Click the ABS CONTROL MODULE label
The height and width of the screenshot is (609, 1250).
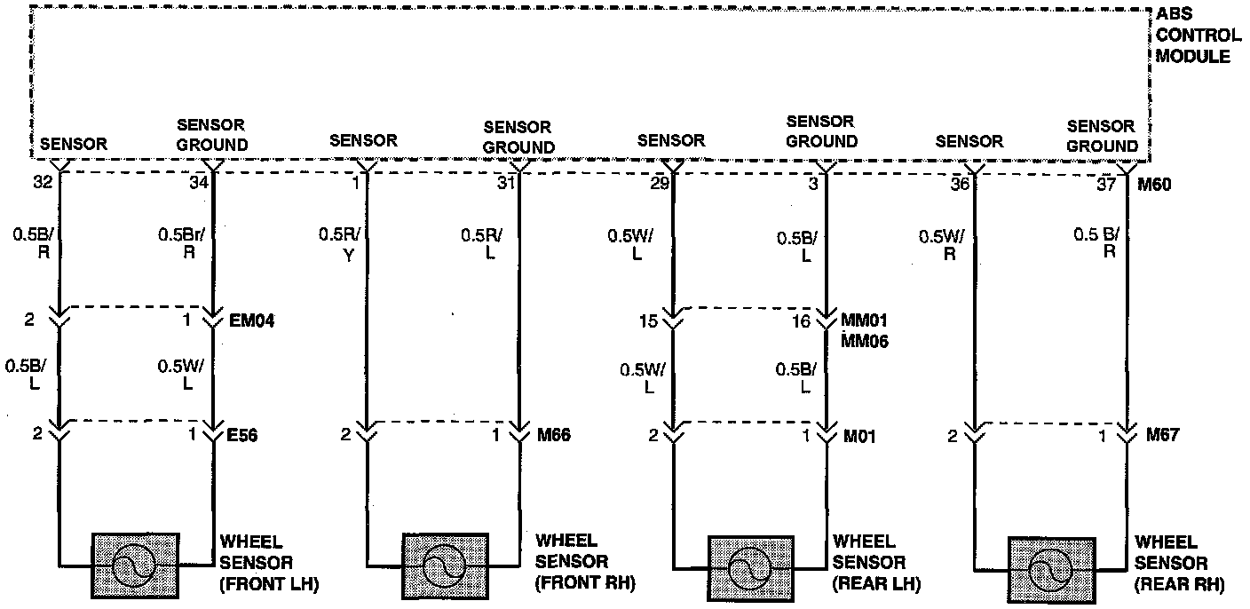point(1199,36)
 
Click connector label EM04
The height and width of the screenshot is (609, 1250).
point(251,320)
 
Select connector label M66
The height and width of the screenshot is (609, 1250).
point(553,435)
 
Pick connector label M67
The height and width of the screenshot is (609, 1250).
point(1163,435)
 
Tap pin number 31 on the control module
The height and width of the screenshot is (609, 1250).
point(504,184)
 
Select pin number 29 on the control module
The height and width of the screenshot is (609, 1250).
point(658,184)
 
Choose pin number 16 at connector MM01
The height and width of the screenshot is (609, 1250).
point(802,321)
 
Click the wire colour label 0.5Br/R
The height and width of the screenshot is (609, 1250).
point(183,243)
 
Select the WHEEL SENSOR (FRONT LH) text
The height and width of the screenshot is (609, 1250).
point(268,563)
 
